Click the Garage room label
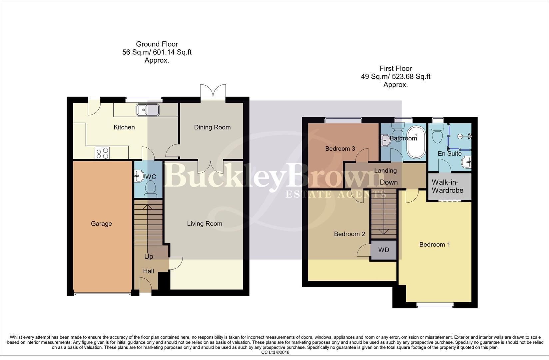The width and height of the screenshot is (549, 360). pos(101,224)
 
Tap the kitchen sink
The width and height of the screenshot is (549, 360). pos(147,110)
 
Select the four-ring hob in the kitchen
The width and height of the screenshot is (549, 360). pos(102,153)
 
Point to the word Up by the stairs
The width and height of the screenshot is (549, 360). pos(149,256)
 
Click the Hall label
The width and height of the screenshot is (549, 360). pos(149,271)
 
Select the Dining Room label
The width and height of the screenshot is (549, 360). pos(212,127)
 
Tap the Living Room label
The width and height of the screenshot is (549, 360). pos(205,224)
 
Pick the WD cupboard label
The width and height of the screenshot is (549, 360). pos(384,250)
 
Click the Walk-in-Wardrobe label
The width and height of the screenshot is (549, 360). pos(447,186)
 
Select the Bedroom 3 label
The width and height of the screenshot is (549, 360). pos(340,149)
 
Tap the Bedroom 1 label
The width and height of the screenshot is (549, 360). pos(434,245)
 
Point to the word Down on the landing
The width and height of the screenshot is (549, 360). pos(389,182)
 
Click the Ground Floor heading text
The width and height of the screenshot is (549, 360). pos(157,44)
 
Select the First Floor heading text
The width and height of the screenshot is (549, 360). pos(395,69)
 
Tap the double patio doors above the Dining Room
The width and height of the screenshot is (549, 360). pos(213,92)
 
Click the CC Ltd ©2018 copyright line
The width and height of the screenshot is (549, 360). pos(275,352)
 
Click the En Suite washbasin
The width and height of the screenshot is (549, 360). pos(467,163)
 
